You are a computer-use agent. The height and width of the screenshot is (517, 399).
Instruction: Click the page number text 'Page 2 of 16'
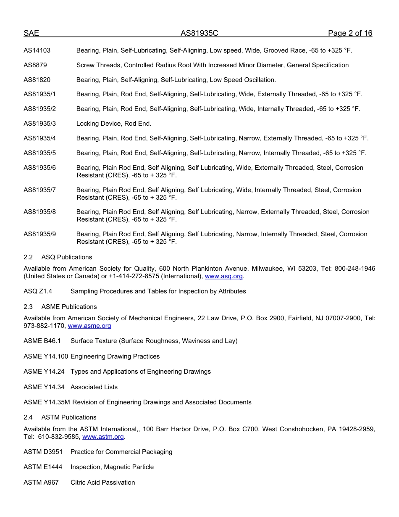(350, 34)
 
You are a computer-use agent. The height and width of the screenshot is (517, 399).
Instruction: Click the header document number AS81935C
(199, 34)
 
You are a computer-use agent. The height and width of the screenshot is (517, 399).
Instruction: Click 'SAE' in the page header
(31, 34)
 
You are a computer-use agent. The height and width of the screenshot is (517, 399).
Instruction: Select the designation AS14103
(37, 50)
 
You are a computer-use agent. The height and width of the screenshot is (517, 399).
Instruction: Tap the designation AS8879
(35, 65)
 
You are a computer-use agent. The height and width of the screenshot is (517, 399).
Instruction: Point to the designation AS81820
(37, 80)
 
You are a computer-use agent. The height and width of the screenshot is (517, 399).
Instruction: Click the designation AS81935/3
(39, 124)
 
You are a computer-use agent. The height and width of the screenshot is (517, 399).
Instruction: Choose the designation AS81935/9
(39, 234)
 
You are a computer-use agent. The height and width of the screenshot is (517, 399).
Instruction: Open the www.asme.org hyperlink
(89, 326)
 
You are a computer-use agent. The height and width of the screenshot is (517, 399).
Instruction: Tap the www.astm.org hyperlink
(103, 437)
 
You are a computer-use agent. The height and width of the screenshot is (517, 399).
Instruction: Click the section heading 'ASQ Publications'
(67, 257)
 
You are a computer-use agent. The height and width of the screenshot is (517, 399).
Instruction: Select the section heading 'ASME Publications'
(69, 307)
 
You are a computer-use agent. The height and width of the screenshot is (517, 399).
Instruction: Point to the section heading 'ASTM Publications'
(69, 417)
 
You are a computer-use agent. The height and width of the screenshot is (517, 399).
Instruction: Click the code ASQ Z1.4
(38, 291)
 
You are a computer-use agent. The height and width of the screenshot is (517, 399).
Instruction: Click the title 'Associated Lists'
(94, 387)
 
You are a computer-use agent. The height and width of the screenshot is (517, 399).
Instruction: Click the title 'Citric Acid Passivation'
(103, 483)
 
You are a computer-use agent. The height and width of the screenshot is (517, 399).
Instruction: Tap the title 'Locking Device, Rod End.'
(114, 124)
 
